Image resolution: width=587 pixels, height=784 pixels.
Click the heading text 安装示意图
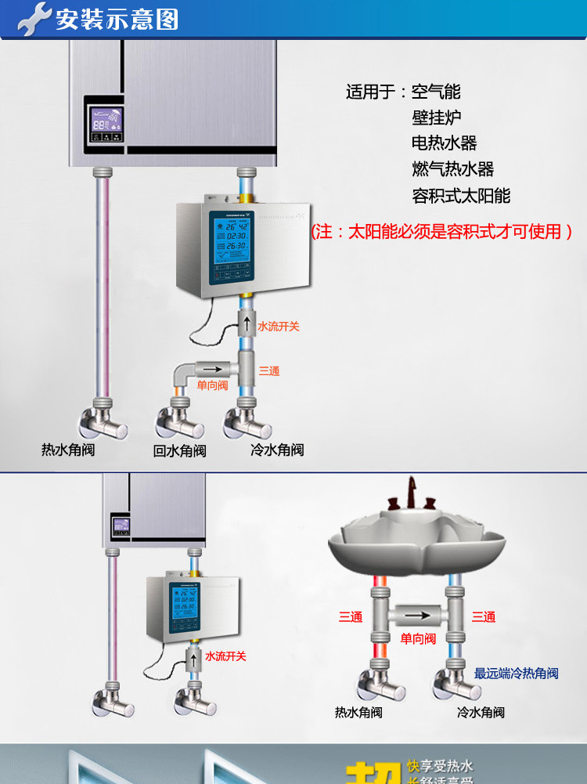click(117, 19)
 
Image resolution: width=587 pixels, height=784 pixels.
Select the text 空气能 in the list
click(436, 92)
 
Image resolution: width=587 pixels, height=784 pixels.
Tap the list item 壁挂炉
click(436, 117)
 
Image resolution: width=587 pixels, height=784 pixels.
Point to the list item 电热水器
click(444, 143)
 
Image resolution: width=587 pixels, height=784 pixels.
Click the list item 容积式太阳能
click(461, 195)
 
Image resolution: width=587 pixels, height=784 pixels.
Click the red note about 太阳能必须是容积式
click(441, 232)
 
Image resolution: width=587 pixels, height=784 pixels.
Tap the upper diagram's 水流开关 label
click(279, 327)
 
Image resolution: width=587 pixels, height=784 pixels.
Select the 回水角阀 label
click(179, 451)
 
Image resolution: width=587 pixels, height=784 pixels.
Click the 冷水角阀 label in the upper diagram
click(276, 450)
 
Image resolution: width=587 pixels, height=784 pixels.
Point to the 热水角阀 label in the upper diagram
click(68, 450)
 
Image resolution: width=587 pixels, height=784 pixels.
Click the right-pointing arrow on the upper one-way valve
click(208, 367)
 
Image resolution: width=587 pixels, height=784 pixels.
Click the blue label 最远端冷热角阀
click(517, 674)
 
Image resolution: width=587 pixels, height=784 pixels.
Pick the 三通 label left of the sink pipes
click(351, 617)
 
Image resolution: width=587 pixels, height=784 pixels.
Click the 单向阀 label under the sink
click(418, 639)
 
